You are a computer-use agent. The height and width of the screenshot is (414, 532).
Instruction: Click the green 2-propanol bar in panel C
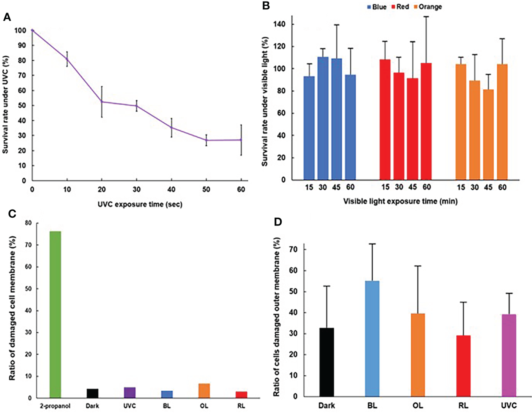tap(55, 314)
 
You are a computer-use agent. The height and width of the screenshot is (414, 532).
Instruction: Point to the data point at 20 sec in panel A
tap(102, 101)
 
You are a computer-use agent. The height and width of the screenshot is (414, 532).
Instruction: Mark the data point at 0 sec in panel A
tap(32, 30)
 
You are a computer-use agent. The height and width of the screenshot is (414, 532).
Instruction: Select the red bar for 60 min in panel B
tap(427, 121)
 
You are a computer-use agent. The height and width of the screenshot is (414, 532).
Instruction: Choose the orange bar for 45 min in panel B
tap(488, 135)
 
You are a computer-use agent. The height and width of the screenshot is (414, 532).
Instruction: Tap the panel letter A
tap(7, 17)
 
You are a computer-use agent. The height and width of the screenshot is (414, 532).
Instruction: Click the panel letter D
tap(278, 222)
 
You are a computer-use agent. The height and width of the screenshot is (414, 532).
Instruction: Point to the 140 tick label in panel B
tap(280, 24)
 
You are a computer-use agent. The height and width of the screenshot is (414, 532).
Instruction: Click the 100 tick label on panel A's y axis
tap(20, 30)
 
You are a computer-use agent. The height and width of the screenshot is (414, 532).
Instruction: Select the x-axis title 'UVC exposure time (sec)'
tap(140, 204)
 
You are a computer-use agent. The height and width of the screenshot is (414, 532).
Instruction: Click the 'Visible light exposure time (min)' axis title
tap(400, 201)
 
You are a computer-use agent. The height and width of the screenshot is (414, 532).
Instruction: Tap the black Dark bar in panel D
tap(326, 362)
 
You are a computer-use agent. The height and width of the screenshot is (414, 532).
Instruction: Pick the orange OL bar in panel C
tap(204, 391)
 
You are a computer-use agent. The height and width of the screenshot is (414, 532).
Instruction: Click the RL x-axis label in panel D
tap(463, 405)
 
